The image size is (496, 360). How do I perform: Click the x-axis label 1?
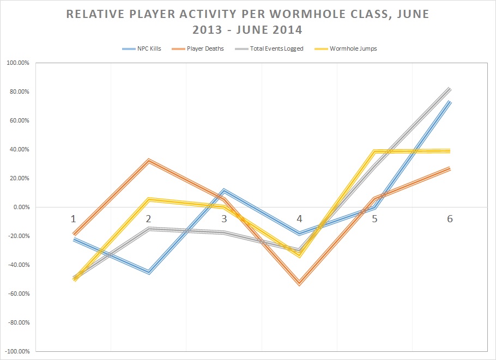pos(73,219)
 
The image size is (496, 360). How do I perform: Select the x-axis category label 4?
pos(299,219)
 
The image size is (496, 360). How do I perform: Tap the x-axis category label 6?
pos(450,219)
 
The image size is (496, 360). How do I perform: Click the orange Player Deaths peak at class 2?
pos(148,161)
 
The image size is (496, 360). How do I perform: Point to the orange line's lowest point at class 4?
pos(299,283)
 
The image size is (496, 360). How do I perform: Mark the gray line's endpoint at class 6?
pos(450,89)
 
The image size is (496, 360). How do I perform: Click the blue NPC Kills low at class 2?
pos(148,272)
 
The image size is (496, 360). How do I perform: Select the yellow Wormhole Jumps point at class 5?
pos(374,151)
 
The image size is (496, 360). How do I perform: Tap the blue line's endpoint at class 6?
pos(450,102)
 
